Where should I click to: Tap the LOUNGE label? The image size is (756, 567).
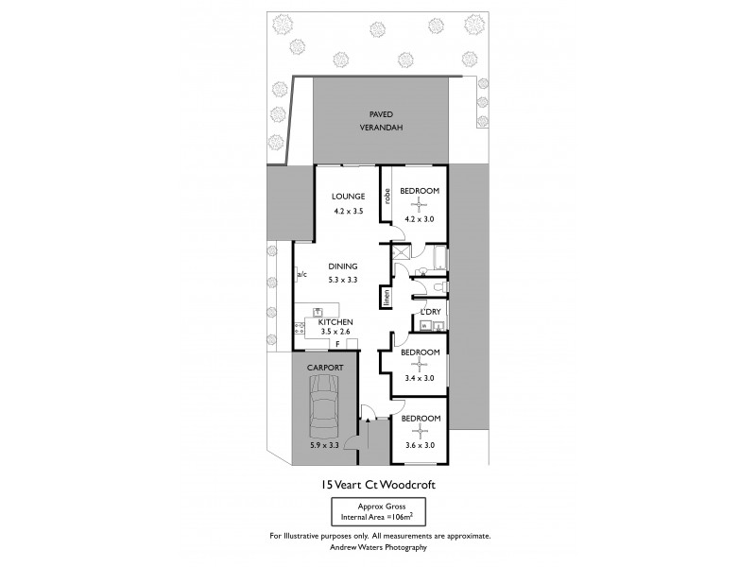pyautogui.click(x=347, y=197)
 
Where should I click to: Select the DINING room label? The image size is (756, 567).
pyautogui.click(x=342, y=266)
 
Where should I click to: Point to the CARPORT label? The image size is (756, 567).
pyautogui.click(x=323, y=367)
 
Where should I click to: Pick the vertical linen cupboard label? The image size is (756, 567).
pyautogui.click(x=387, y=297)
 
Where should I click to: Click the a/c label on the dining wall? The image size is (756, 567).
pyautogui.click(x=302, y=275)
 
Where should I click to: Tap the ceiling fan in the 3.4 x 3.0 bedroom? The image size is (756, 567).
pyautogui.click(x=420, y=366)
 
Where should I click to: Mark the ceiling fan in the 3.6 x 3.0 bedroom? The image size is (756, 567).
pyautogui.click(x=420, y=431)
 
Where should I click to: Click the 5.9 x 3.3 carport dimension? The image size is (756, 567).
pyautogui.click(x=323, y=445)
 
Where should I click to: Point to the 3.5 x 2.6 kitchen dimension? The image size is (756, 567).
pyautogui.click(x=335, y=332)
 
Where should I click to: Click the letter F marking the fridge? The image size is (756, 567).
pyautogui.click(x=336, y=345)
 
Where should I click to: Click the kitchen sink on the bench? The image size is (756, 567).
pyautogui.click(x=319, y=311)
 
